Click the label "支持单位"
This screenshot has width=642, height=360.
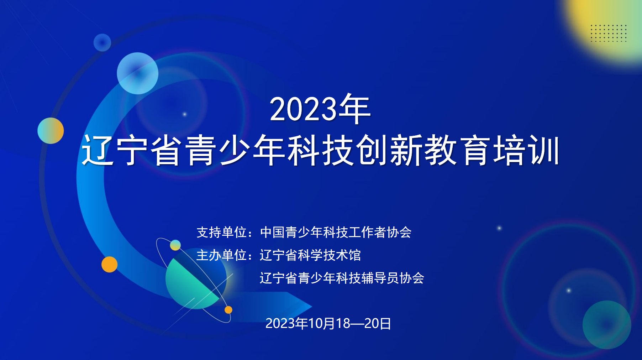click(221, 232)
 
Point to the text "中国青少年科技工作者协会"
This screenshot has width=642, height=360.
click(336, 232)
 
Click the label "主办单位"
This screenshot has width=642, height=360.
click(221, 255)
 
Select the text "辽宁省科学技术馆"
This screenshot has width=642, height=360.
click(310, 255)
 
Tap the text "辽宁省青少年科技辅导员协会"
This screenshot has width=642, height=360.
click(342, 278)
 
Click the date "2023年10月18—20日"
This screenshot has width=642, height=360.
click(328, 323)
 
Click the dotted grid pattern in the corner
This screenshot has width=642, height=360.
click(609, 33)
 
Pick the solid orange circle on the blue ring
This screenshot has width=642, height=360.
click(109, 265)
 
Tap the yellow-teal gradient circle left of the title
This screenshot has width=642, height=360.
click(51, 131)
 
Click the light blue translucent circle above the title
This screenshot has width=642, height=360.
click(138, 73)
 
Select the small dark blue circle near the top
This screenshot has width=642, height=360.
click(102, 43)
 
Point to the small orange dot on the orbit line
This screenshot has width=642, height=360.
click(228, 310)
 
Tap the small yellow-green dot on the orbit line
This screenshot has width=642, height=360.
click(175, 245)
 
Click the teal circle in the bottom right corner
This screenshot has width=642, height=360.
click(607, 325)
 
